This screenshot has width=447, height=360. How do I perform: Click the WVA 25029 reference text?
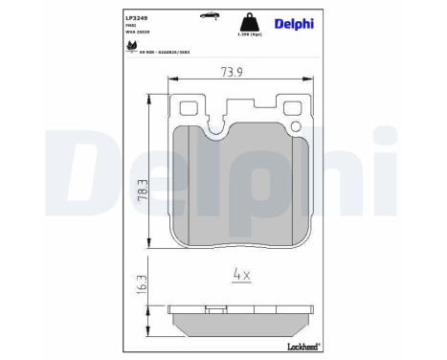click(x=137, y=32)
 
